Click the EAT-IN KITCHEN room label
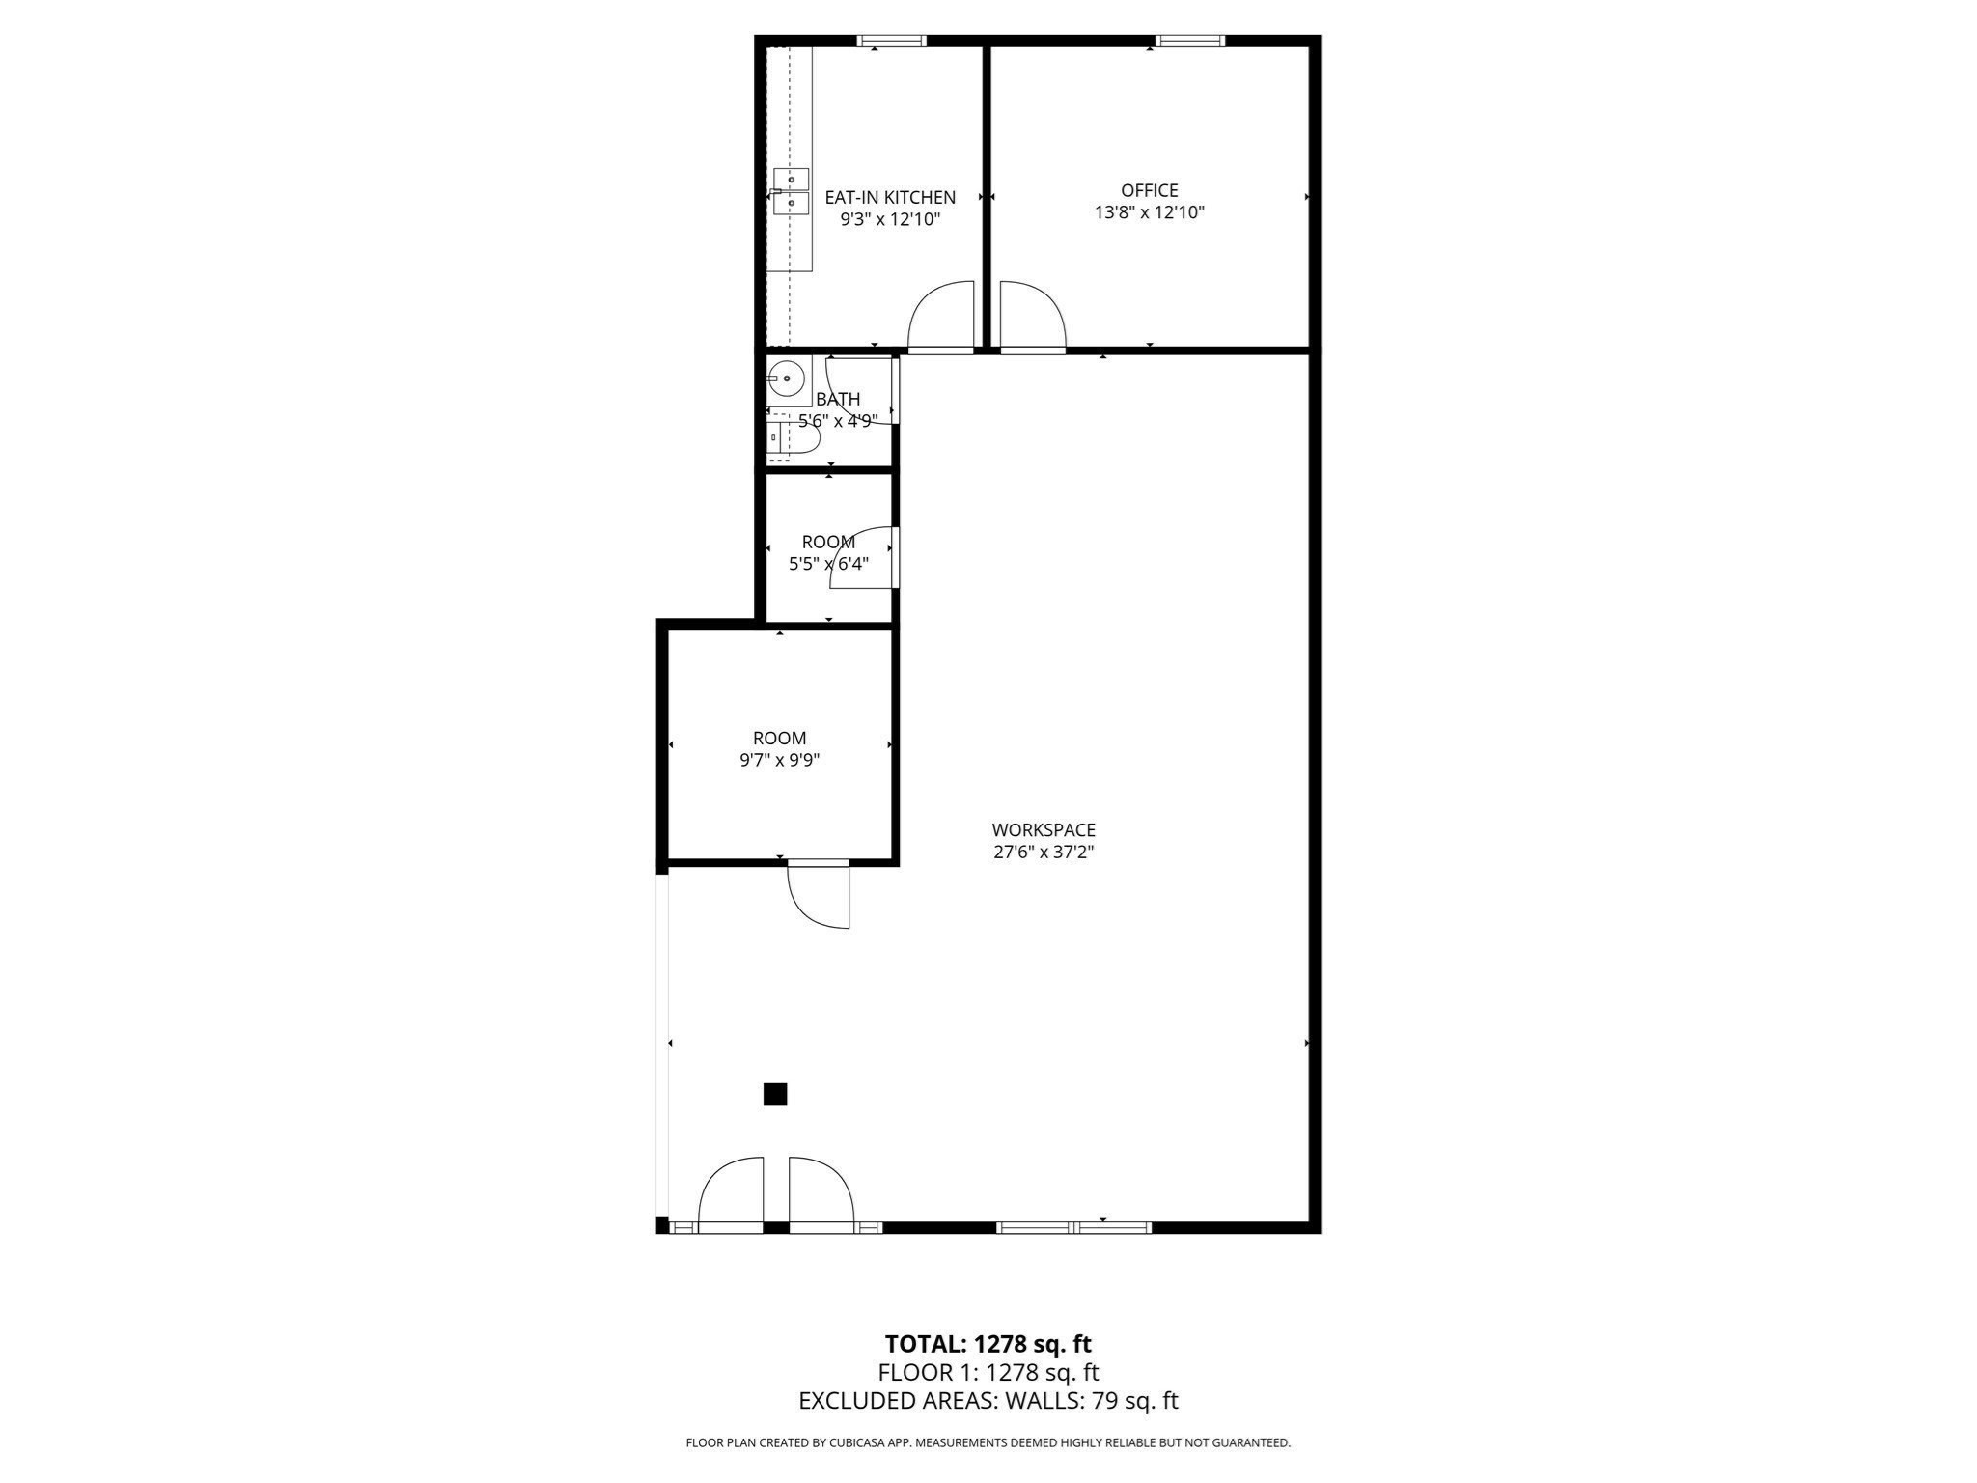pyautogui.click(x=889, y=197)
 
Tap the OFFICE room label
pyautogui.click(x=1149, y=190)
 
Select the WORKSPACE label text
pyautogui.click(x=1044, y=830)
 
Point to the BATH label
pyautogui.click(x=837, y=399)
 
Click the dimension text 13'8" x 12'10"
pyautogui.click(x=1149, y=212)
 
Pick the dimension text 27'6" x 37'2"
pyautogui.click(x=1044, y=853)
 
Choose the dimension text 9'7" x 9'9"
pyautogui.click(x=779, y=760)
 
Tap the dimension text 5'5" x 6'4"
pyautogui.click(x=828, y=564)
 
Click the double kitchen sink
pyautogui.click(x=791, y=190)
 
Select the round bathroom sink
pyautogui.click(x=787, y=378)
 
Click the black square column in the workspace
pyautogui.click(x=775, y=1094)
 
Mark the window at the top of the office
pyautogui.click(x=1190, y=41)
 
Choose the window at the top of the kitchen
pyautogui.click(x=891, y=41)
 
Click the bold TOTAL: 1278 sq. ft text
pyautogui.click(x=988, y=1344)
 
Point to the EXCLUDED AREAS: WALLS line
pyautogui.click(x=988, y=1401)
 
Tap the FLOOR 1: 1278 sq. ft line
pyautogui.click(x=988, y=1373)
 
